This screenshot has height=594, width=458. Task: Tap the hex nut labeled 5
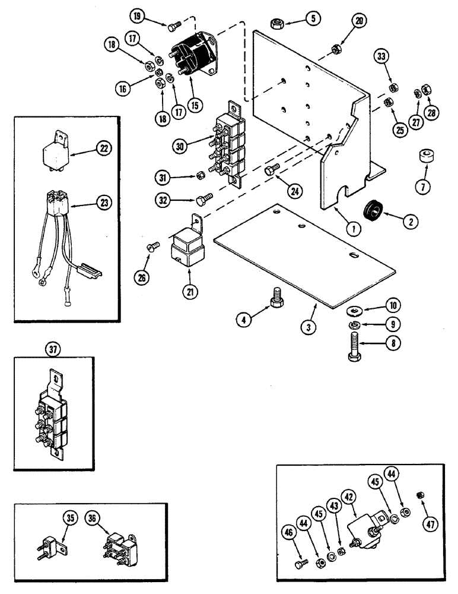[277, 24]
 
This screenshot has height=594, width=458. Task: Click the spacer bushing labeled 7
[424, 159]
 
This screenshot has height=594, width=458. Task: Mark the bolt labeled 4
[276, 296]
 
